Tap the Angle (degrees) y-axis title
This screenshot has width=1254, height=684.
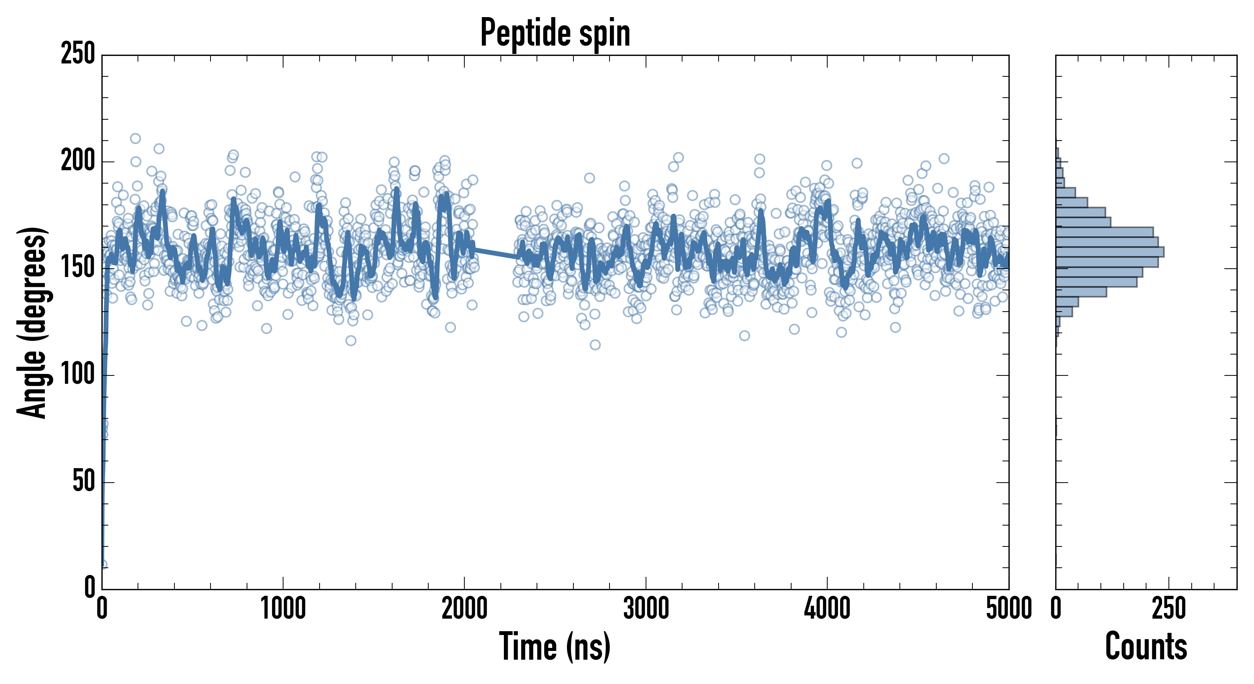point(32,322)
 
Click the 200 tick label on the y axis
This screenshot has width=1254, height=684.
point(78,161)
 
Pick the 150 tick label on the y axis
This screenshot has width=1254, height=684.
point(78,268)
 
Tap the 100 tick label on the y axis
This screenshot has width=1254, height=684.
point(78,375)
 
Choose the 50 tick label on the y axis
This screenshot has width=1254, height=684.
point(84,482)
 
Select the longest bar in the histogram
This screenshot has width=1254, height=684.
point(1110,252)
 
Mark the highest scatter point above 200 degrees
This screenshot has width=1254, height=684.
point(135,138)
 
